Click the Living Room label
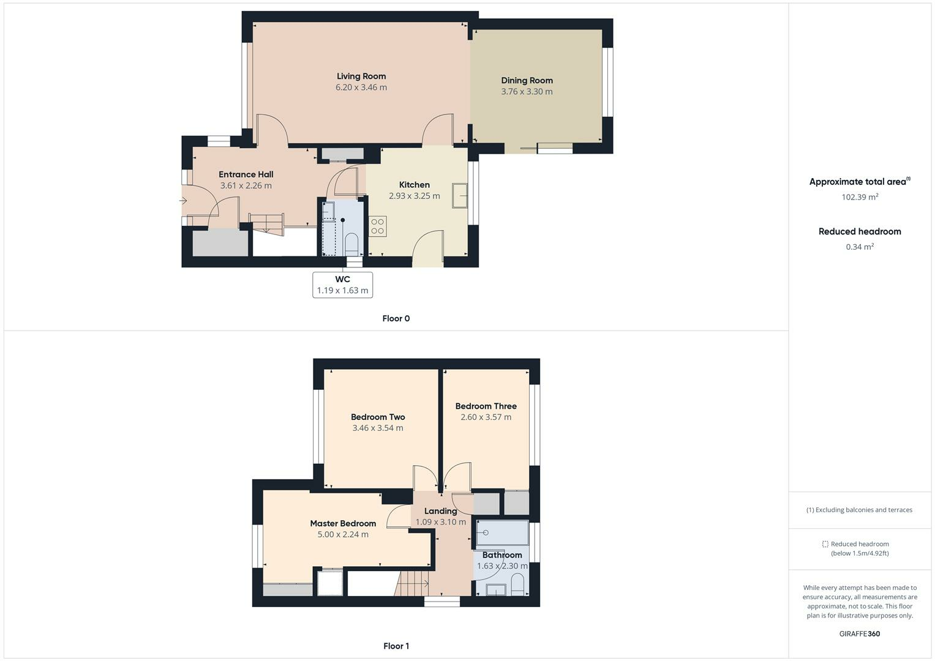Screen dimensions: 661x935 tap(361, 77)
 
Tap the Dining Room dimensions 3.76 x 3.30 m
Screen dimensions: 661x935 tap(527, 92)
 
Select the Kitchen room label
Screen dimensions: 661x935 tap(415, 185)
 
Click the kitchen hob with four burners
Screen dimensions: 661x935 tap(377, 226)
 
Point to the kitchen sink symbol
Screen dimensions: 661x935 tap(460, 195)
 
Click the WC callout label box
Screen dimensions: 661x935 tap(342, 285)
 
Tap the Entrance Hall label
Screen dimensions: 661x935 tap(246, 174)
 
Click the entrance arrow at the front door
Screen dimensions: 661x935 tap(183, 201)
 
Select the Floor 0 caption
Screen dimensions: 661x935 tap(396, 318)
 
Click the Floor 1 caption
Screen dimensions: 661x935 tap(396, 646)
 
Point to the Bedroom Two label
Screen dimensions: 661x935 tap(378, 417)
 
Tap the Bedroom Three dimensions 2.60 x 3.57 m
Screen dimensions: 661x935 tap(486, 417)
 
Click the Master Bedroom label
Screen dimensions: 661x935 tap(343, 523)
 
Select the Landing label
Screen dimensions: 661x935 tap(441, 511)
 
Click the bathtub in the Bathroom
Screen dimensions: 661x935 tap(502, 532)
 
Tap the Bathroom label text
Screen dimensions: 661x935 tap(502, 555)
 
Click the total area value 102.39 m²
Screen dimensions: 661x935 tap(860, 197)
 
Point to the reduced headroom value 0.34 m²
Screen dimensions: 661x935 tap(860, 247)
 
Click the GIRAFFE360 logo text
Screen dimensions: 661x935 tap(860, 633)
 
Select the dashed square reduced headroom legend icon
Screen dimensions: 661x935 tap(825, 544)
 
